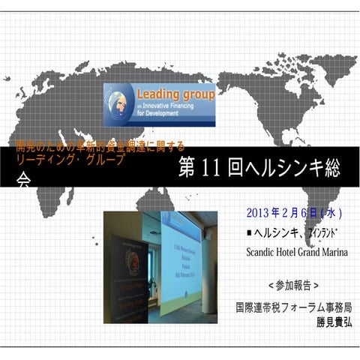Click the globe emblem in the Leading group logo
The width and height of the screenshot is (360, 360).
pos(119,103)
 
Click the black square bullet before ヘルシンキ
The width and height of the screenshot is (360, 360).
pos(249,232)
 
